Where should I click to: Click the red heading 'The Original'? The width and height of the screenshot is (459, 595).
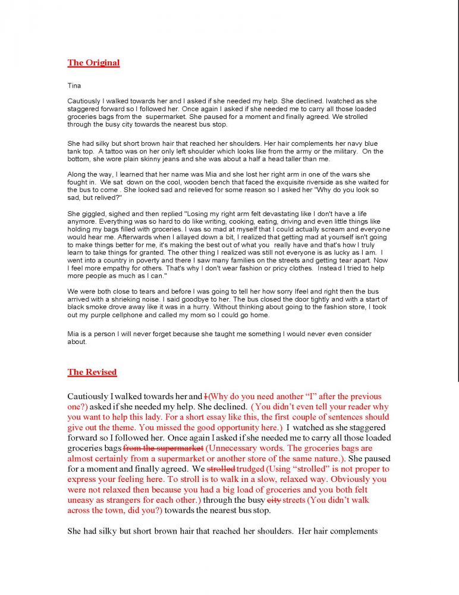93,63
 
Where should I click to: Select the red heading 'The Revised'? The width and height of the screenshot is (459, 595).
92,372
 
